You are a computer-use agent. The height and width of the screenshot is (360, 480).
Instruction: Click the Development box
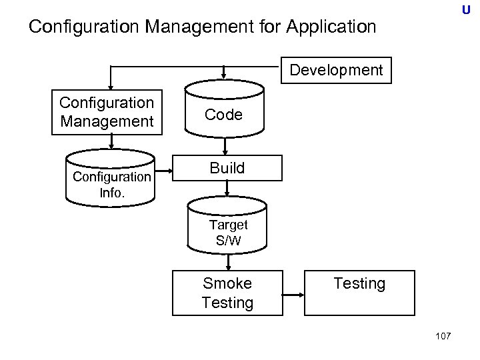(337, 70)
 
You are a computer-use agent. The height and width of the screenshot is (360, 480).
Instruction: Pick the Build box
(227, 168)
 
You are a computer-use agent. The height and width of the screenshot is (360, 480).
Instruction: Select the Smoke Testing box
(227, 293)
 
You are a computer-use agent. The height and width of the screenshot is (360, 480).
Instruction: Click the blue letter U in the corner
(465, 10)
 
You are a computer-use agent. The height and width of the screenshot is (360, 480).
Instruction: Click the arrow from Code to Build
(227, 145)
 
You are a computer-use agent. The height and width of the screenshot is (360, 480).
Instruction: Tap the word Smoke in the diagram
(227, 283)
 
